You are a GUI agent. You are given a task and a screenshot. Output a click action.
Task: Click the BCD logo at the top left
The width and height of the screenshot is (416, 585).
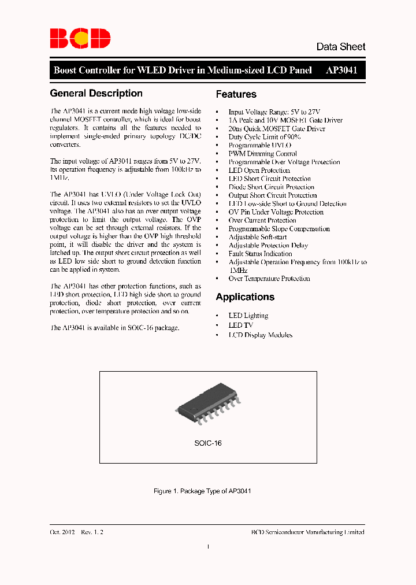point(80,38)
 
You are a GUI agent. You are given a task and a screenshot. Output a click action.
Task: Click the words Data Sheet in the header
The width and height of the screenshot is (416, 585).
point(340,47)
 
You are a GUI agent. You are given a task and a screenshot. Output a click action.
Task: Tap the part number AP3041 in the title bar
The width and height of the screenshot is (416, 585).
point(341,71)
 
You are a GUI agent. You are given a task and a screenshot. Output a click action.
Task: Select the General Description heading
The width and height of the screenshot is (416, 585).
point(96,94)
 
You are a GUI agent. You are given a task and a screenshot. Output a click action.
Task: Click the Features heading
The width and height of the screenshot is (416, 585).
point(236,94)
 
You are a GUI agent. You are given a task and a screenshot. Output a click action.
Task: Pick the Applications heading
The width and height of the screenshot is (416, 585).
point(245,297)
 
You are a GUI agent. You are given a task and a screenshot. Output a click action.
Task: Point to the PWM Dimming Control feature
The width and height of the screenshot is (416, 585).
point(262,154)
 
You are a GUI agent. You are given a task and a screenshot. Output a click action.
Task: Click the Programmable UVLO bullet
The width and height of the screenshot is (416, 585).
point(259,146)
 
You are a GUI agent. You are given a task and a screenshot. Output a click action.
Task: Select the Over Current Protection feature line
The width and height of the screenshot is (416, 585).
point(262,220)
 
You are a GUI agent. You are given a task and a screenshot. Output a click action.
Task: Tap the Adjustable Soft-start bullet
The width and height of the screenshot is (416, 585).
point(257,237)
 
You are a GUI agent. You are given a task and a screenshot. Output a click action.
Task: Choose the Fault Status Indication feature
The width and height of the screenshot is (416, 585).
point(260,254)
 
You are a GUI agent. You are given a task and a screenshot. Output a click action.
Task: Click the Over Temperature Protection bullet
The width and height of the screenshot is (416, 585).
point(269,279)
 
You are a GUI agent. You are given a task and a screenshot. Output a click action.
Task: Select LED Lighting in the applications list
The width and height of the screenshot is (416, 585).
point(248,316)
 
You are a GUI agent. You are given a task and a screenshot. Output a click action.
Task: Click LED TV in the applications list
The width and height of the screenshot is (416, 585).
point(240,325)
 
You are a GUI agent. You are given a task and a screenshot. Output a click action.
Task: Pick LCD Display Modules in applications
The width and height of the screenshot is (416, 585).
point(260,335)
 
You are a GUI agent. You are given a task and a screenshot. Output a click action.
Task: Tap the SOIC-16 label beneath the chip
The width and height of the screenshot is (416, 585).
point(208,443)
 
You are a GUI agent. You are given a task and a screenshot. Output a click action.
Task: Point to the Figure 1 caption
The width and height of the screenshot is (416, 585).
point(202,491)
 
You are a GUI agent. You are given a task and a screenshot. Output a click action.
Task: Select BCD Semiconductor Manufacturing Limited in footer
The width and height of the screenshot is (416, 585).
point(308,532)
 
